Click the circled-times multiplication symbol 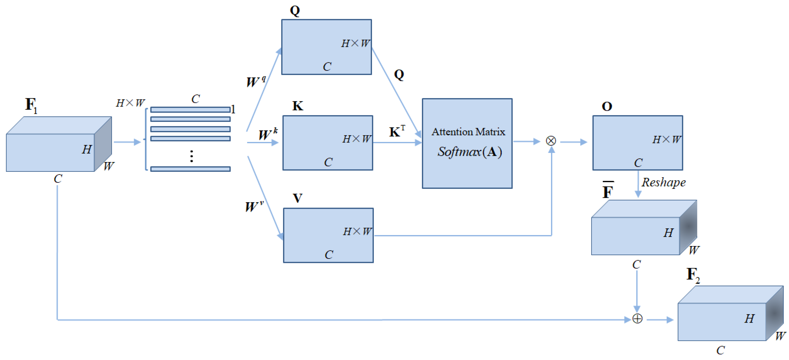[x=551, y=141]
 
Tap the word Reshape [x=664, y=182]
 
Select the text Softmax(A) [x=469, y=152]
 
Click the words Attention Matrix [x=468, y=132]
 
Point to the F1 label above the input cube [x=31, y=105]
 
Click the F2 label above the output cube [x=693, y=275]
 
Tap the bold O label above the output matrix [x=607, y=106]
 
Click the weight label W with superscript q [x=255, y=82]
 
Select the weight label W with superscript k [x=267, y=134]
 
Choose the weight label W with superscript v [x=254, y=206]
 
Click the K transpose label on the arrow [x=397, y=132]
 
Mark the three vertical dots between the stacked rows [x=191, y=156]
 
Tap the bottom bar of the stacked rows [x=190, y=169]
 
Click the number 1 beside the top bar [x=233, y=109]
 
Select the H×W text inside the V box [x=357, y=231]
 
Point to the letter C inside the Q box [x=327, y=66]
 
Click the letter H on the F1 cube [x=87, y=150]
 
